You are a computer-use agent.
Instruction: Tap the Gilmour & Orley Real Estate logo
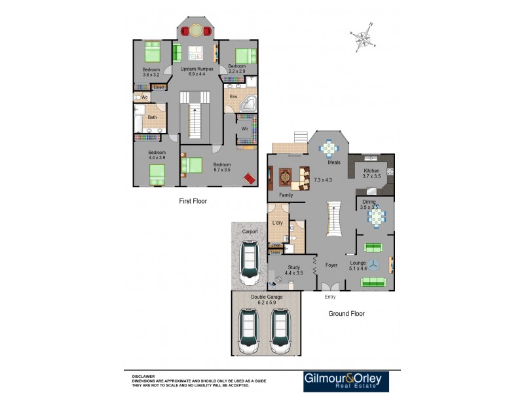click(x=345, y=382)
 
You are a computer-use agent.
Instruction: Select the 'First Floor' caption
click(x=193, y=201)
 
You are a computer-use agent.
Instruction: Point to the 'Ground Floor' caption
click(x=346, y=314)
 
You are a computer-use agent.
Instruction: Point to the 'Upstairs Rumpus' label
click(x=196, y=69)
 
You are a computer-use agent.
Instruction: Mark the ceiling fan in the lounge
click(x=375, y=265)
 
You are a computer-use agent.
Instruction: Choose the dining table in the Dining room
click(x=375, y=215)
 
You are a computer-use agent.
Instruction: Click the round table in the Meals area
click(x=329, y=149)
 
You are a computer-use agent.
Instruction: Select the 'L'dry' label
click(x=277, y=223)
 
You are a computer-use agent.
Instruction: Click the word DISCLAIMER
click(x=143, y=377)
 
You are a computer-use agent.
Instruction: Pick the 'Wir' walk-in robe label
click(x=243, y=129)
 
